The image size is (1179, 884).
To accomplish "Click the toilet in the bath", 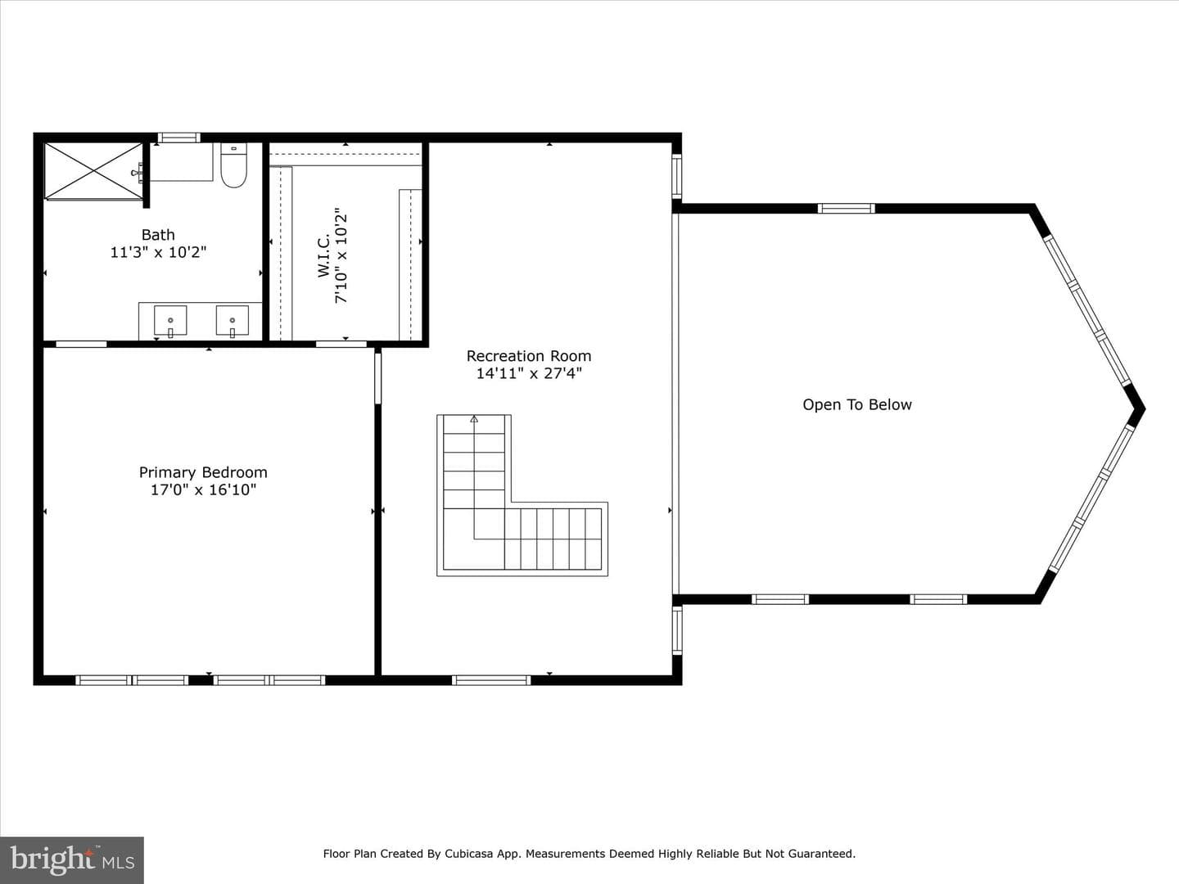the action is click(233, 165).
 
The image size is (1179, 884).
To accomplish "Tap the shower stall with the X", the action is click(93, 172).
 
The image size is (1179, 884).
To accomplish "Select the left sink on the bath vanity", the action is click(170, 321).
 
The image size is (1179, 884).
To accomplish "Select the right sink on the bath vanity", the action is click(232, 321).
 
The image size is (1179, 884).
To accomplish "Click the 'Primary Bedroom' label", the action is click(203, 472).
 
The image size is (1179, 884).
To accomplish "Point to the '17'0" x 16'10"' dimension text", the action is click(203, 489).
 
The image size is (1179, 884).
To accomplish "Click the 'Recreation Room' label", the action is click(529, 356).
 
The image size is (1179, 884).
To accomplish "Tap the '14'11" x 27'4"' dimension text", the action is click(529, 373).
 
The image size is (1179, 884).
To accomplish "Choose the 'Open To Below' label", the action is click(857, 404).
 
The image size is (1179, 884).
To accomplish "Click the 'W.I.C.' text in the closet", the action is click(324, 255).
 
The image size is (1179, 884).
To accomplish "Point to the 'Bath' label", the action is click(158, 235).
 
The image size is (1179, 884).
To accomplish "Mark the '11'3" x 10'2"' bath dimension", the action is click(158, 252).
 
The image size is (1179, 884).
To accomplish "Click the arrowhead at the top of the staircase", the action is click(474, 418).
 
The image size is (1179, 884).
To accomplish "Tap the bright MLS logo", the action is click(72, 860).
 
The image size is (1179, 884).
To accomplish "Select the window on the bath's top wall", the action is click(178, 138).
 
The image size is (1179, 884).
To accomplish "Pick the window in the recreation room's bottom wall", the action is click(491, 680).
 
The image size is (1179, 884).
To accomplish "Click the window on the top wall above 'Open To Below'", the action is click(846, 208).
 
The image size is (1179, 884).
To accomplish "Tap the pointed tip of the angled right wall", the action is click(1144, 409).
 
